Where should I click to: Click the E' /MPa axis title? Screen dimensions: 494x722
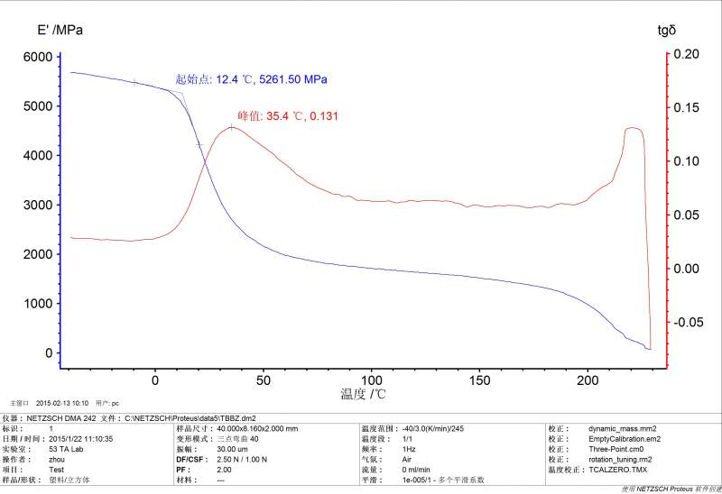tap(60, 31)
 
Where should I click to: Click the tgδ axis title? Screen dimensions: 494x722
tap(666, 31)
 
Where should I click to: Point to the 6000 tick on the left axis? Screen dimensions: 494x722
tap(37, 57)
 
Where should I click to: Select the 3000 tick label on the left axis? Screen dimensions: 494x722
tap(37, 206)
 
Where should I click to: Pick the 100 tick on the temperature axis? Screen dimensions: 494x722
tap(371, 380)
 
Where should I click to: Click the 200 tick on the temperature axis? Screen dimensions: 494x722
tap(588, 380)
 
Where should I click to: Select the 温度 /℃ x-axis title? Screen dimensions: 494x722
tap(363, 394)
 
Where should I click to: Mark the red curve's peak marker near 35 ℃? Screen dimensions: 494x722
tap(232, 128)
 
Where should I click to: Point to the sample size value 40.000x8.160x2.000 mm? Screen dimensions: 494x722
tap(257, 429)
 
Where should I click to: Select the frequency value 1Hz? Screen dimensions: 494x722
tap(410, 449)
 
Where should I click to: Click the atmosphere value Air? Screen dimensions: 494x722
tap(408, 459)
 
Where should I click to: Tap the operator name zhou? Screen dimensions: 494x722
tap(56, 459)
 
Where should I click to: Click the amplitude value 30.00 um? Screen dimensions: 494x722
tap(233, 449)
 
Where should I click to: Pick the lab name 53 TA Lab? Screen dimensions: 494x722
tap(65, 449)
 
